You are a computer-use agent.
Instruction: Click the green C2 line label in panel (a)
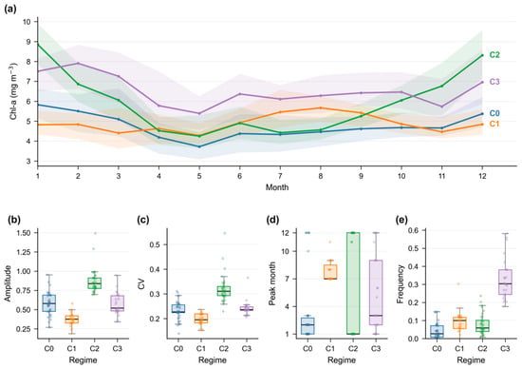tap(494, 55)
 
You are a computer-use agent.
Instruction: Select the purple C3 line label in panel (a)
tap(494, 82)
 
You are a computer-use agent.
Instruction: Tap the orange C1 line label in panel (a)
tap(494, 124)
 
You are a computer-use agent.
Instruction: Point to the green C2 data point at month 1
tap(38, 45)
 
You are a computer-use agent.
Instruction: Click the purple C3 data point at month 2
tap(78, 63)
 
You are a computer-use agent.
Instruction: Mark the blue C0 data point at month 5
tap(199, 146)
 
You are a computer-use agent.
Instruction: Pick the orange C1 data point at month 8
tap(321, 107)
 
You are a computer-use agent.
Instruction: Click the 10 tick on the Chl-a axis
tap(27, 22)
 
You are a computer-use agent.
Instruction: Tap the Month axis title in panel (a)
tap(277, 187)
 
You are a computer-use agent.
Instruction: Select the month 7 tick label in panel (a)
tap(280, 176)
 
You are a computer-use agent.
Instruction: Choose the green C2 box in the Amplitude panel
tap(95, 282)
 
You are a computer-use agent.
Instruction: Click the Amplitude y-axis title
tap(8, 283)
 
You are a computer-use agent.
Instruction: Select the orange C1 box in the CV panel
tap(201, 319)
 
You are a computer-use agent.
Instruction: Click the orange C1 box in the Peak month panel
tap(330, 272)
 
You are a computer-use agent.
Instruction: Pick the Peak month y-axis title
tap(272, 283)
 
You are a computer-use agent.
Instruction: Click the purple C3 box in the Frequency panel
tap(505, 282)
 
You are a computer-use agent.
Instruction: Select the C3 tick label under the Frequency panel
tap(505, 349)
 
